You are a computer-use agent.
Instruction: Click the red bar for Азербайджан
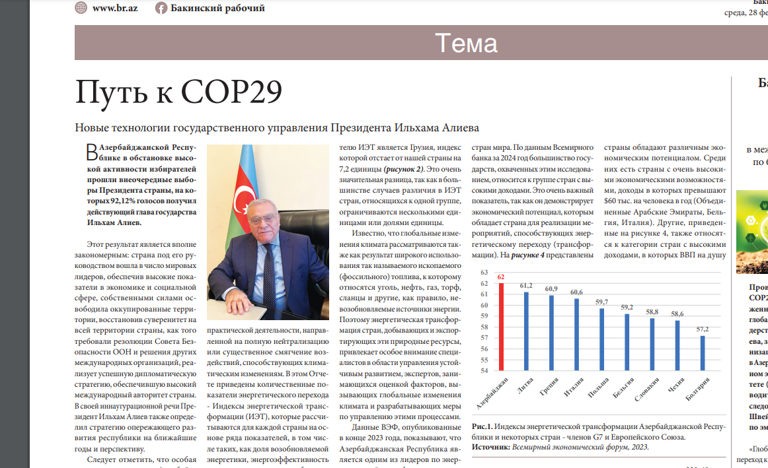point(502,322)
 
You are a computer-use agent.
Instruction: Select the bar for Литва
point(527,326)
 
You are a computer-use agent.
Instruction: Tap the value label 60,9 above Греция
point(551,289)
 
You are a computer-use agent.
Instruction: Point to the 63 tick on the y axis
point(484,273)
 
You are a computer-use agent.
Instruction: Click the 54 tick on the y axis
point(484,360)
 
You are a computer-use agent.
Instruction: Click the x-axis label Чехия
point(675,385)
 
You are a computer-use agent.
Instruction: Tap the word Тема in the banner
point(466,44)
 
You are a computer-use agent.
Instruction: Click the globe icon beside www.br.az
point(81,8)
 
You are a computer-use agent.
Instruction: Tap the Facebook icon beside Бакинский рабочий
point(161,8)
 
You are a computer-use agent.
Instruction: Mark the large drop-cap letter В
point(93,152)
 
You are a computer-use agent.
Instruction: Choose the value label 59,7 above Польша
point(602,302)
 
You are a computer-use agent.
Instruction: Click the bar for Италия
point(576,329)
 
